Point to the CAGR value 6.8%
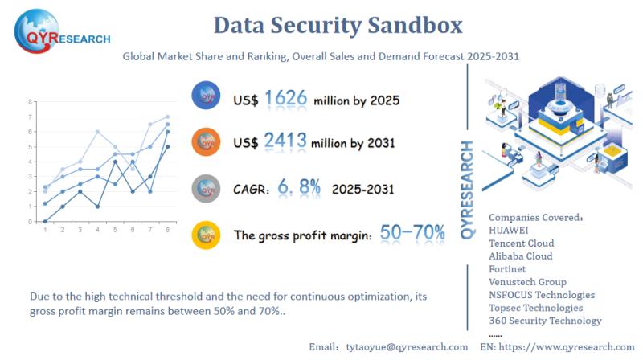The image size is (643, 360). click(299, 188)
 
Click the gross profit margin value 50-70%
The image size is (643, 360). click(412, 233)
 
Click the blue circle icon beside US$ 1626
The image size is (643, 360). click(207, 98)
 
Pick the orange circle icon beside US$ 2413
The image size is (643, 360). click(207, 142)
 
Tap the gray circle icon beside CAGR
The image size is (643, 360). click(207, 188)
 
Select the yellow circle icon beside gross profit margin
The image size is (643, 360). click(207, 235)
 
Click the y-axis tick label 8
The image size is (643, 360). click(31, 102)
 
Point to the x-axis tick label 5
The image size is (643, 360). click(115, 230)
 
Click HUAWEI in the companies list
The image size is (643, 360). click(509, 230)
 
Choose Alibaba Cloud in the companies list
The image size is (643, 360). click(521, 256)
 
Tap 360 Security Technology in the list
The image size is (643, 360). click(545, 321)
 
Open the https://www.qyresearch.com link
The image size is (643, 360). click(569, 346)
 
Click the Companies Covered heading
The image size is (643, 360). click(534, 217)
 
